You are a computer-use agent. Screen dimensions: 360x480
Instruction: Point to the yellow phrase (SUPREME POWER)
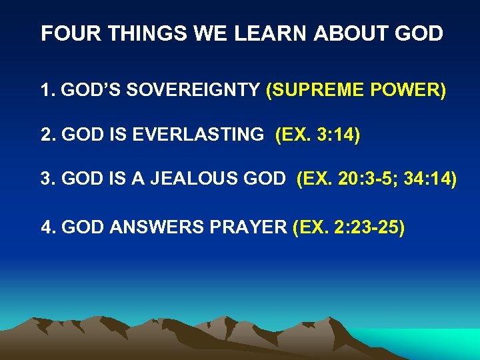[x=355, y=90]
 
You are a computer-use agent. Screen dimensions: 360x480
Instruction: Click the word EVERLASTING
[x=197, y=135]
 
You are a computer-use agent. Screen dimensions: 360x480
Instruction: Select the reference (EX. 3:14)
[x=317, y=135]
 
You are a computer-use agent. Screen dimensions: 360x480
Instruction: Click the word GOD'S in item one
[x=87, y=90]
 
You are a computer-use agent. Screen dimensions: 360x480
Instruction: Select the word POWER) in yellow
[x=413, y=90]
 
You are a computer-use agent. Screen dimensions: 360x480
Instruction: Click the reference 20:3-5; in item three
[x=366, y=180]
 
